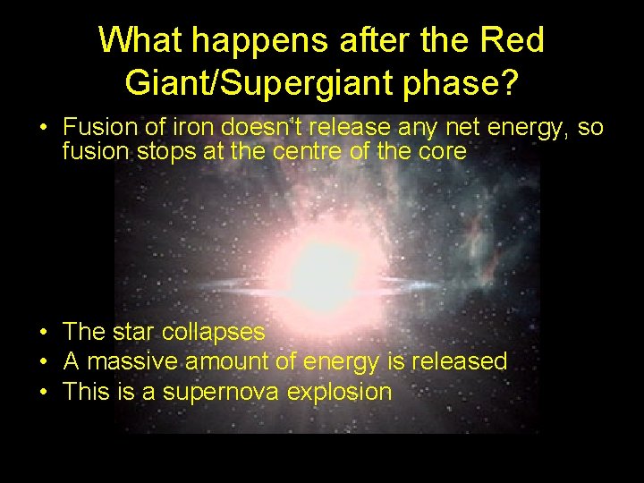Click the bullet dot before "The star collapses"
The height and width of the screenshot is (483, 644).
(44, 333)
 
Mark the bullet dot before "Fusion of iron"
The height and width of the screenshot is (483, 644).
(44, 129)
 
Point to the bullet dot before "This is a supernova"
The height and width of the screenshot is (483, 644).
(44, 392)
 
